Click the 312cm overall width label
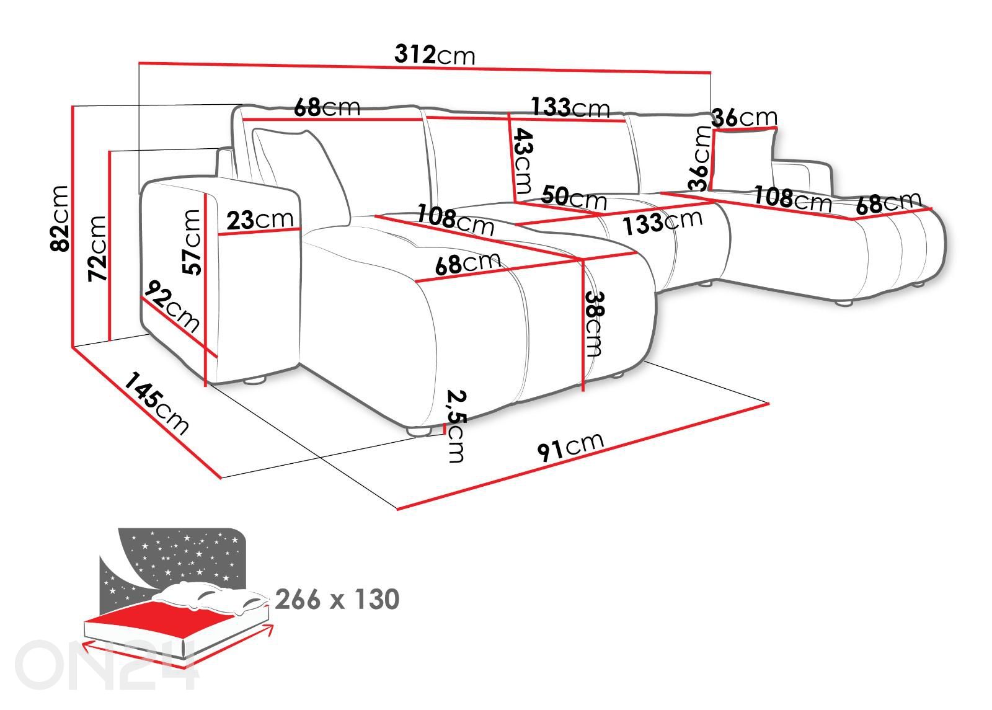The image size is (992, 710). pos(435,55)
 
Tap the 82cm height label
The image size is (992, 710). pos(60,218)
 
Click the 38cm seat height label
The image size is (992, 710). pos(593,323)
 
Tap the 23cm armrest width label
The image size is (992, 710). pos(259,220)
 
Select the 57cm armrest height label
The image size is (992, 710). pos(192,242)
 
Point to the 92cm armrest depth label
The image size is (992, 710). pos(172,307)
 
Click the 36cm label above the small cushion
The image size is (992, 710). pos(744,117)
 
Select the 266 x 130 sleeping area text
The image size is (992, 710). pos(337,600)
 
